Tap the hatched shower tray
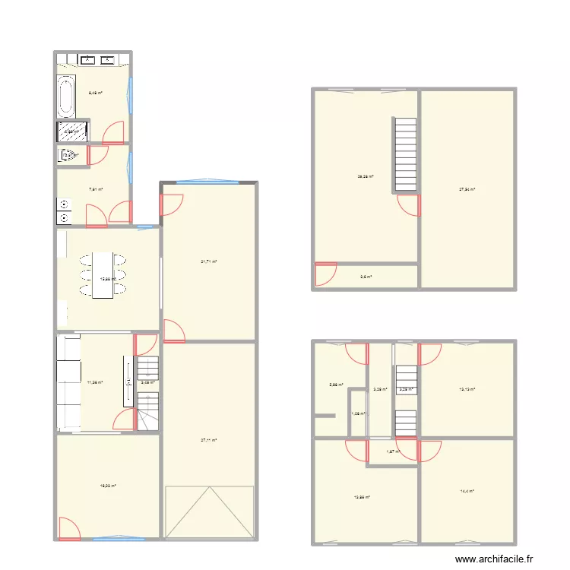[x=71, y=132]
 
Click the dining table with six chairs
[x=103, y=275]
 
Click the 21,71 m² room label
[x=209, y=261]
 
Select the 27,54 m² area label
[x=467, y=189]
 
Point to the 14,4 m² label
[x=467, y=491]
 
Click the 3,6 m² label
[x=366, y=277]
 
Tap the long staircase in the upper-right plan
[x=405, y=154]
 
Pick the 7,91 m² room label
[x=96, y=190]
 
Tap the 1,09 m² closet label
[x=357, y=414]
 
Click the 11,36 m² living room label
[x=95, y=382]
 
